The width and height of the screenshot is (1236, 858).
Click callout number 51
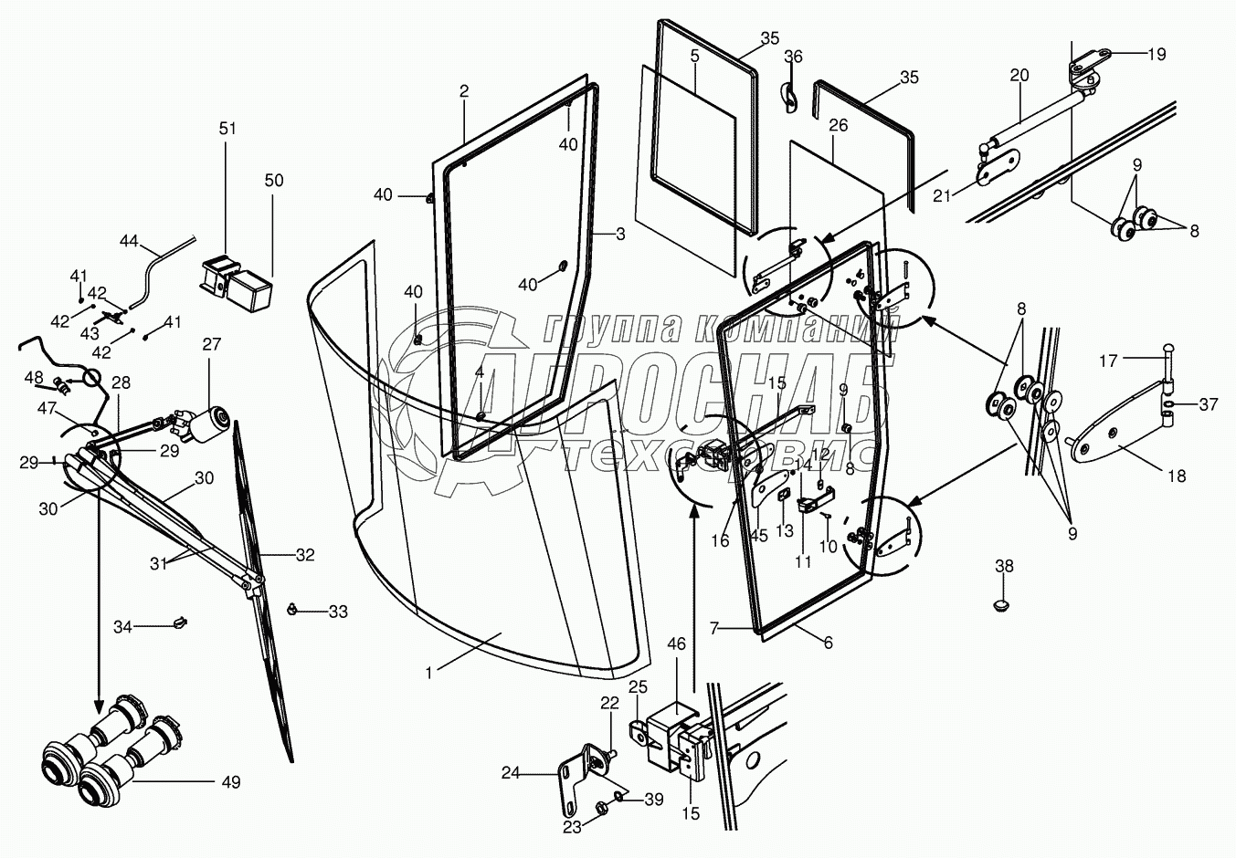tap(227, 129)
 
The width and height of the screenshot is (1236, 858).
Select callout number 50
tap(274, 181)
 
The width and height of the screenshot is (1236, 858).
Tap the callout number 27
tap(212, 344)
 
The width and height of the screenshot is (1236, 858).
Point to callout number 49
tap(231, 782)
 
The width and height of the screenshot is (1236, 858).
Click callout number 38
tap(1004, 566)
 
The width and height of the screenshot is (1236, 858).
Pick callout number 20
tap(1019, 76)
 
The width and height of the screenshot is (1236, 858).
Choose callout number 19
tap(1157, 54)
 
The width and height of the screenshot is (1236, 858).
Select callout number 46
tap(676, 644)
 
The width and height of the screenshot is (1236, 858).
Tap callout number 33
tap(338, 612)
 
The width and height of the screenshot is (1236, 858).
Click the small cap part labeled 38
tap(1002, 604)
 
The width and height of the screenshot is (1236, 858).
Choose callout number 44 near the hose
tap(129, 241)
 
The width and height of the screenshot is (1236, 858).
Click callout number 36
tap(793, 57)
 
